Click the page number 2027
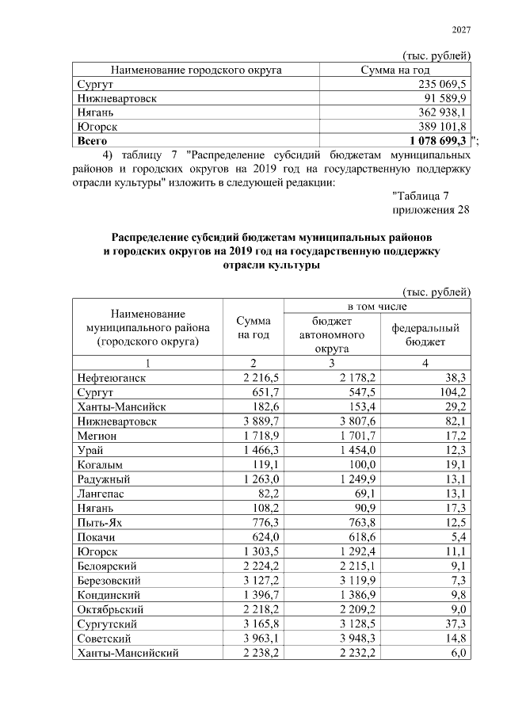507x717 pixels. coord(461,30)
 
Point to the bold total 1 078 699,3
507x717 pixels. coord(434,141)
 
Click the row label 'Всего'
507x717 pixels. coord(92,141)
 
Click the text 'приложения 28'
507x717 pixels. coord(432,210)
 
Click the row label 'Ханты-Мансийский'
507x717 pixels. coord(127,653)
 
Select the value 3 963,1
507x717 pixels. coord(252,639)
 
